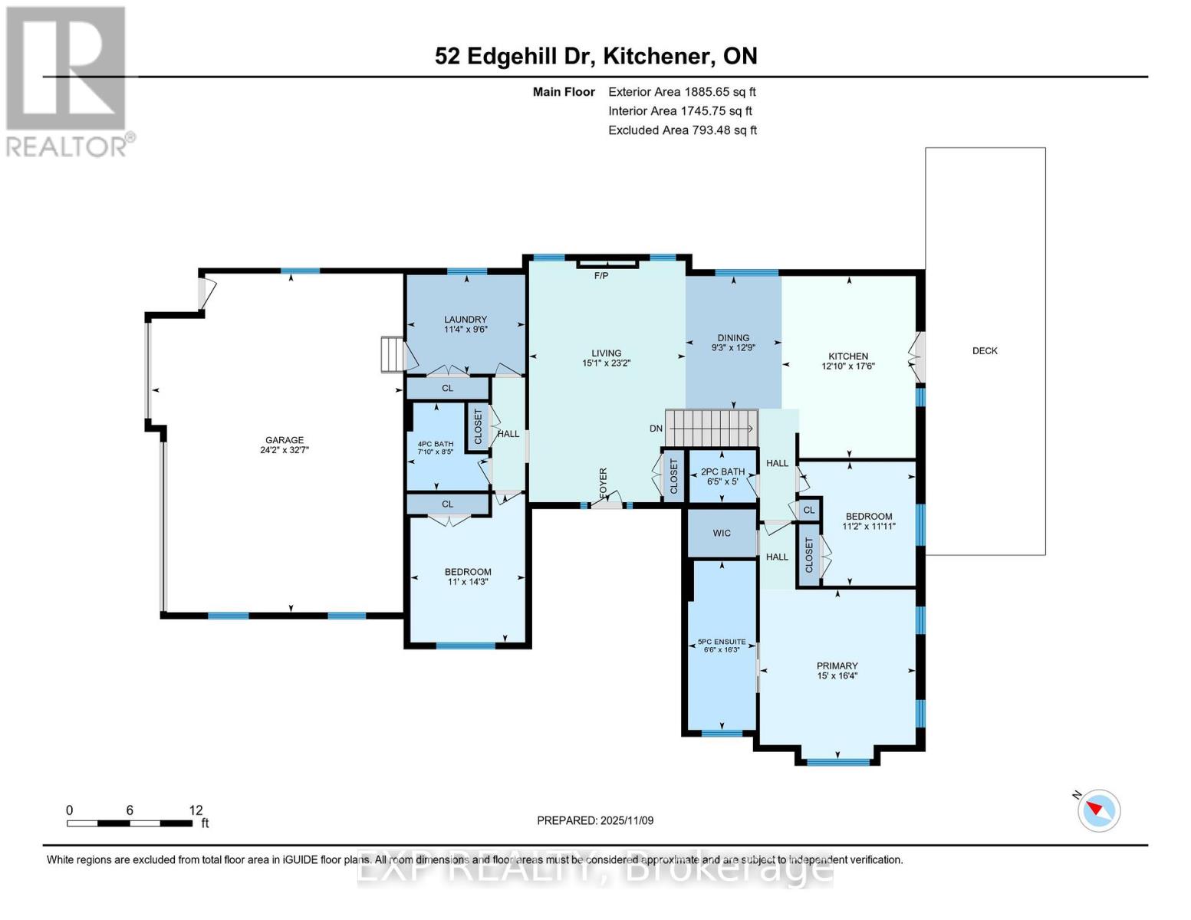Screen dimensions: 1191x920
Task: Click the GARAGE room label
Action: [285, 439]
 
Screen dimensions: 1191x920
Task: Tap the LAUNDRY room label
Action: [466, 319]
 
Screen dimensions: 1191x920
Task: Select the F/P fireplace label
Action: [601, 275]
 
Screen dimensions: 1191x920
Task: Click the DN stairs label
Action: [656, 429]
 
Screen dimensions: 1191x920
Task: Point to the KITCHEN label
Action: [848, 356]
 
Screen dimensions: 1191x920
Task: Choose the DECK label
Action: [985, 350]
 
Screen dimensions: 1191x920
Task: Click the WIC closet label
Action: [722, 533]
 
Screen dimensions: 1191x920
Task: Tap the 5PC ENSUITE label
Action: [722, 642]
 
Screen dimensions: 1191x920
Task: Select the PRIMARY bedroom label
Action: [837, 665]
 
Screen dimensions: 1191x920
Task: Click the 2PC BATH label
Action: [723, 472]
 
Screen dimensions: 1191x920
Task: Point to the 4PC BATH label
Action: [436, 444]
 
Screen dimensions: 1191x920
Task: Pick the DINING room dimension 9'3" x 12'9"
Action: [733, 347]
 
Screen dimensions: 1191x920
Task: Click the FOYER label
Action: [604, 483]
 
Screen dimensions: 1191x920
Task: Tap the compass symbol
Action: [1099, 811]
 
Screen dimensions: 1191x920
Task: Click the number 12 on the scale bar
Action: [196, 810]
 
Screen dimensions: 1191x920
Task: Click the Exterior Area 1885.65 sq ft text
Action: [683, 92]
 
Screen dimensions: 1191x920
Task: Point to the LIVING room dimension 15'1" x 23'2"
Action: [606, 363]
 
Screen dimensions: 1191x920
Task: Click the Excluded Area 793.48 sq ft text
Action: [683, 130]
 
